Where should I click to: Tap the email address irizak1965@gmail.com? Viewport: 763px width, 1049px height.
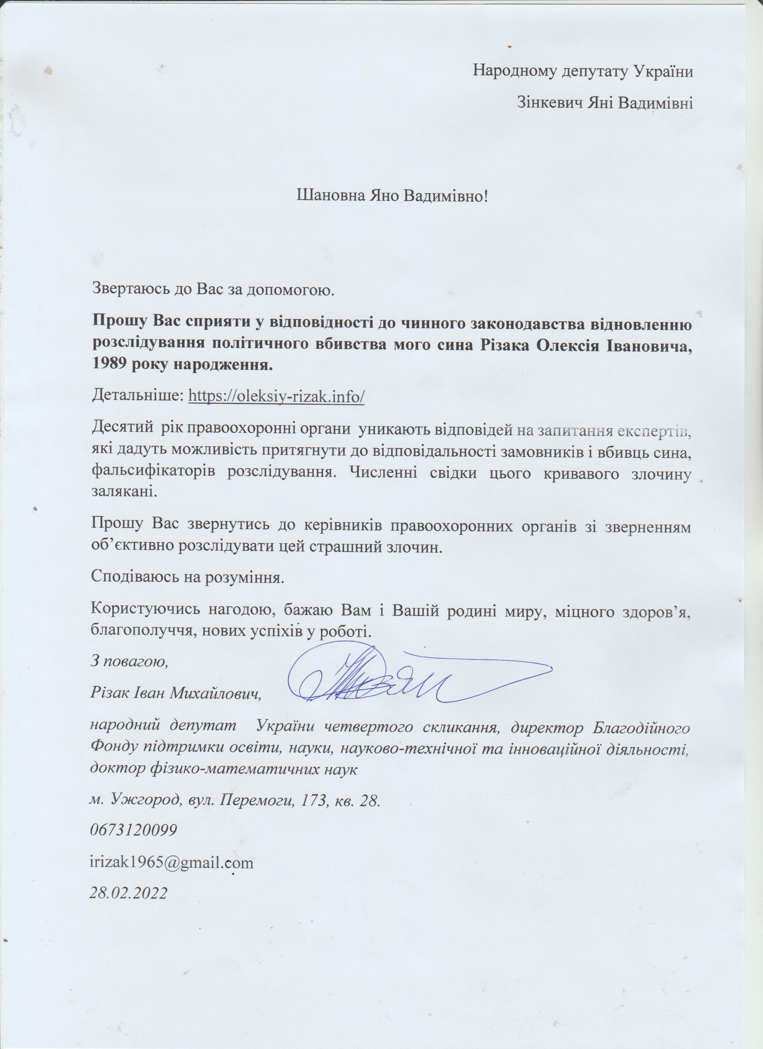tap(172, 863)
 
